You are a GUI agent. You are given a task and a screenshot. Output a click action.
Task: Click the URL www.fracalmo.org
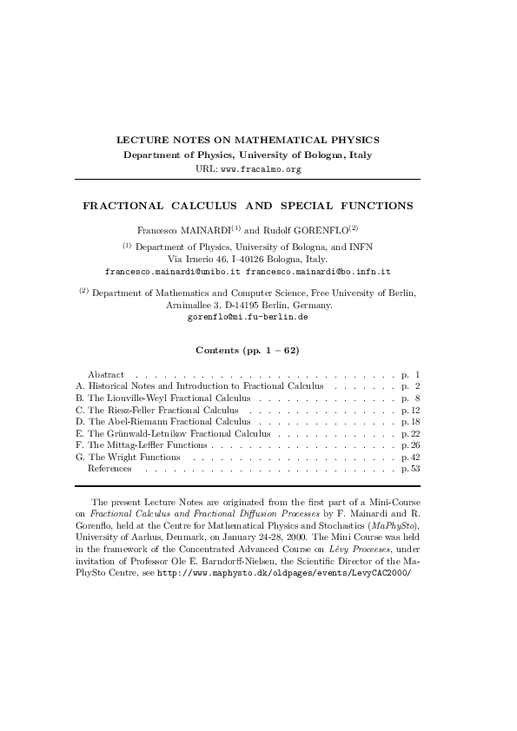[x=261, y=169]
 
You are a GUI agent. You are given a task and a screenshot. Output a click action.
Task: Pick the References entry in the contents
[x=109, y=469]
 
